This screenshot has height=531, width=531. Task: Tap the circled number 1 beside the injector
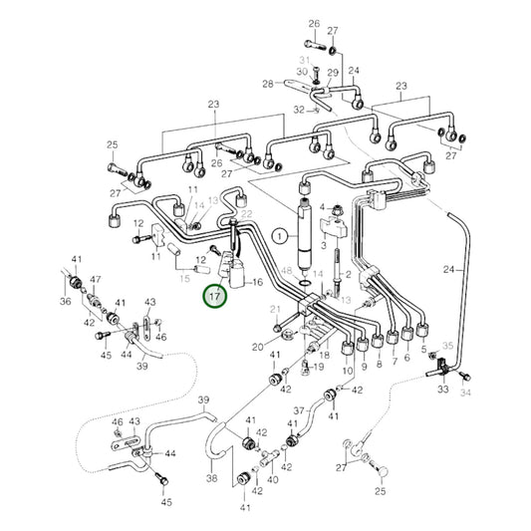click(281, 237)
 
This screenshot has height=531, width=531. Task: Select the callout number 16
click(257, 282)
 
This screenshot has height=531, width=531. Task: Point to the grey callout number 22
click(248, 215)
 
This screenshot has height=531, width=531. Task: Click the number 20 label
click(257, 347)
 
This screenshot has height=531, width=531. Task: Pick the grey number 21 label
click(276, 313)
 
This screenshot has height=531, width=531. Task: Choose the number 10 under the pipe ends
click(347, 371)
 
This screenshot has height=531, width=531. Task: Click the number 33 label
click(442, 391)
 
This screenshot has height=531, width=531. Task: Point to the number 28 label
click(267, 84)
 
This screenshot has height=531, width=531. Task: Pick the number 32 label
click(299, 110)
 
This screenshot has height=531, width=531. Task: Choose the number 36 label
click(65, 302)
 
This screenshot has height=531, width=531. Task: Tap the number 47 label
click(96, 280)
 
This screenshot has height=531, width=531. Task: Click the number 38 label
click(212, 478)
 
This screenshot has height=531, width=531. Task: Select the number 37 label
click(298, 409)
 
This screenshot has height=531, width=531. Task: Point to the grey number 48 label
click(287, 271)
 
